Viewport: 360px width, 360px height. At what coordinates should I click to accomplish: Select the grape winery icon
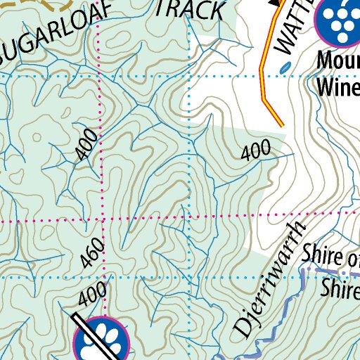pos(339,21)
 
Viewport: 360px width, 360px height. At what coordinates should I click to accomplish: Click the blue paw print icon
pos(103,339)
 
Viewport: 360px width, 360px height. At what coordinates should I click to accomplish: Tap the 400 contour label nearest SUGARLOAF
pos(86,145)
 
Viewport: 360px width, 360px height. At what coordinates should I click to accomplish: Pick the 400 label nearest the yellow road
pos(256,150)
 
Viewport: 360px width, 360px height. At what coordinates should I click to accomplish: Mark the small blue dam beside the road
pos(284,67)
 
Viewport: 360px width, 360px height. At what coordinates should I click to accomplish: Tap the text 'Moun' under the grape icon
pos(337,61)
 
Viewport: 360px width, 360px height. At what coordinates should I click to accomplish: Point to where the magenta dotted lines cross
pos(103,220)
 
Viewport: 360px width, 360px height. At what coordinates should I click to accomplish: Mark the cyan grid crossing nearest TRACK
pos(190,74)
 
